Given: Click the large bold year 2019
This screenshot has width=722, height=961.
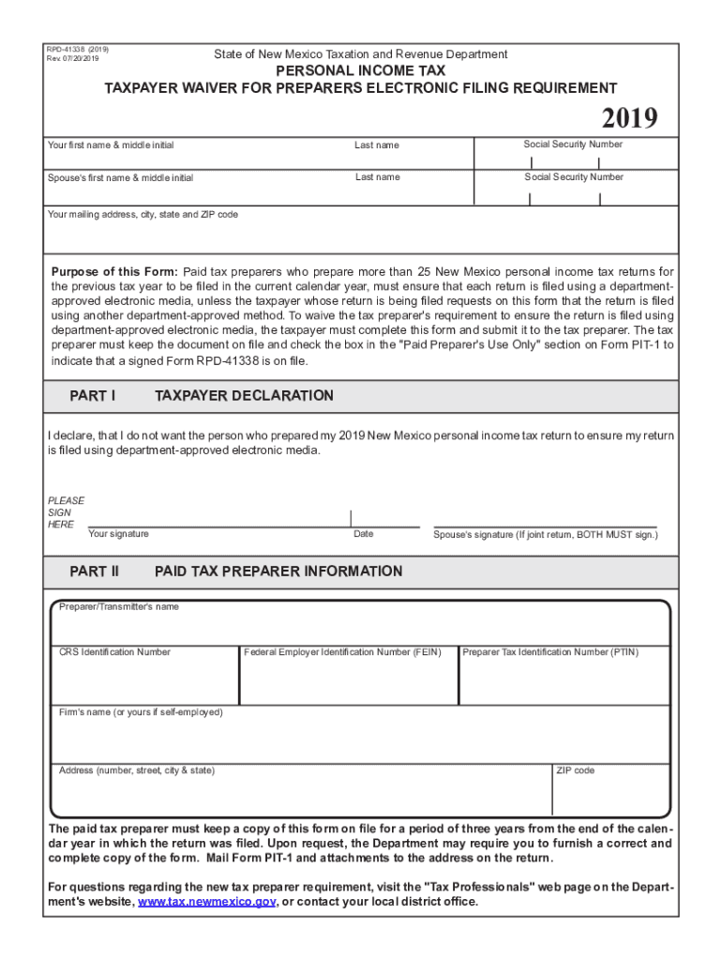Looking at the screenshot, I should pos(629,119).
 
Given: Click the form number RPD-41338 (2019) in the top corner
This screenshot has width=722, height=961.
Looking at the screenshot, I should pos(78,48).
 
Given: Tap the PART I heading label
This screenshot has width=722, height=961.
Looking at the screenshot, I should pos(93,396).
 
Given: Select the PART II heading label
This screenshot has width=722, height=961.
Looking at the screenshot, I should pos(95,572).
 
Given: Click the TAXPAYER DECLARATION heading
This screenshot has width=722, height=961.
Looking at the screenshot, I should pos(244,396).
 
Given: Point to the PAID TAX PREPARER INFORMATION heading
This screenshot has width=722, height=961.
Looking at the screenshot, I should pos(278,572).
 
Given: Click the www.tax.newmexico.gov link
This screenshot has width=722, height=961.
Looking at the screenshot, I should pos(206,902).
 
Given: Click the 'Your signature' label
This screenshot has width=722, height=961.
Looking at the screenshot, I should pos(118,534).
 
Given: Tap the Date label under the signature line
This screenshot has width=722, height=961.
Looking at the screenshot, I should pos(363,534).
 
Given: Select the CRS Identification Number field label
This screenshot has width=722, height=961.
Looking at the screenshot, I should pos(114,652).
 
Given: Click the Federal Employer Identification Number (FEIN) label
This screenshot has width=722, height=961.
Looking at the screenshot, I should pos(349,652).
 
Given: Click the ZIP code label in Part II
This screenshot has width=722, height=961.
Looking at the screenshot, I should pos(575,770).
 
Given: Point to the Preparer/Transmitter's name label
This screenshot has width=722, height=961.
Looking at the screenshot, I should pos(119,607).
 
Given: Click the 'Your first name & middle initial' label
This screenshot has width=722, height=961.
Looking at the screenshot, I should pos(111,145).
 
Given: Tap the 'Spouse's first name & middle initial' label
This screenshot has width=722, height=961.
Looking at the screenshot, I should pos(120,178).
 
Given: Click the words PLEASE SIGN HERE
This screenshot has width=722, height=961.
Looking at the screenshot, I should pos(66,512).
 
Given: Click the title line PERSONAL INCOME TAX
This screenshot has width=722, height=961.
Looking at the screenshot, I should pos(360,71).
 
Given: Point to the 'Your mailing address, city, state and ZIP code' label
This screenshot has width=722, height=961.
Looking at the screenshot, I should pos(143,215).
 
